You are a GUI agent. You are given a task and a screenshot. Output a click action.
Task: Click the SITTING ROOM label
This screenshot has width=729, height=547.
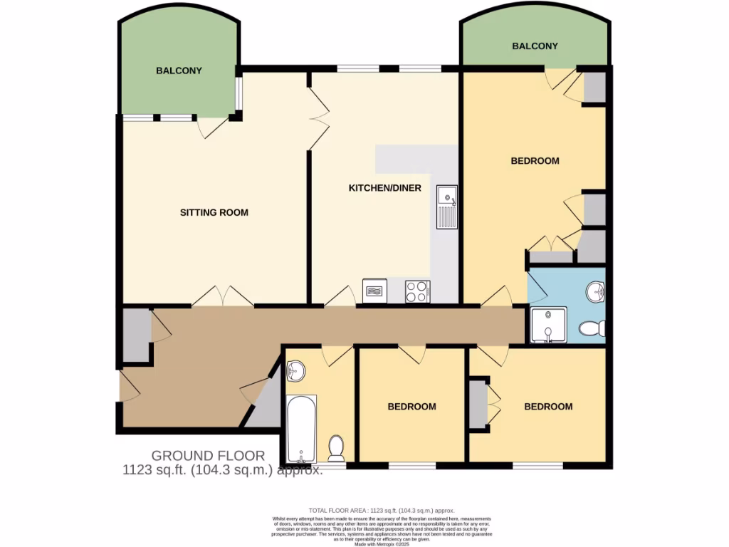(214, 212)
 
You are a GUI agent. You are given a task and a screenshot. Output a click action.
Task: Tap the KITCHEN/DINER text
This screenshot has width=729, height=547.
(384, 188)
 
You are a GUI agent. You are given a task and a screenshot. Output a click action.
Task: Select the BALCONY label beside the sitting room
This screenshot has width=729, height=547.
(179, 71)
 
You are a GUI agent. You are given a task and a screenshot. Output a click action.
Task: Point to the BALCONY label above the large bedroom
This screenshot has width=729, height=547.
(535, 46)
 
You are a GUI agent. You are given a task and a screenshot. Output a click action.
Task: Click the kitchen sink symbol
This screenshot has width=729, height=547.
(447, 206)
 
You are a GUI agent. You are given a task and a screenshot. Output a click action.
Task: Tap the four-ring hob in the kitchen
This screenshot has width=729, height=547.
(416, 291)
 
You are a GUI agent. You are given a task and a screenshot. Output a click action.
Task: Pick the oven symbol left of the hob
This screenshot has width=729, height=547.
(374, 291)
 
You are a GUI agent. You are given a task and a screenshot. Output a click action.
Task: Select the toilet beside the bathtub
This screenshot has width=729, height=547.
(337, 448)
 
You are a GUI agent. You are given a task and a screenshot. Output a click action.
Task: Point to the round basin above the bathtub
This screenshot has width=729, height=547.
(297, 370)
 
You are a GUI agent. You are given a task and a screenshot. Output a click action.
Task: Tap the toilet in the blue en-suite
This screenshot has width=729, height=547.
(592, 328)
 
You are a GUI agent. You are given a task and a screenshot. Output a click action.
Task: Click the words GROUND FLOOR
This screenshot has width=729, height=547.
(208, 456)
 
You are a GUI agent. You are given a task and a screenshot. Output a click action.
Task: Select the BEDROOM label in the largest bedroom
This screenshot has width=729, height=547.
(535, 161)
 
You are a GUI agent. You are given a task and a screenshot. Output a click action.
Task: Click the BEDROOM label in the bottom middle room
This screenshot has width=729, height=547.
(411, 407)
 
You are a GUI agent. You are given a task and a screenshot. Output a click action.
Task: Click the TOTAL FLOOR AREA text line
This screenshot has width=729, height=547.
(381, 511)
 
